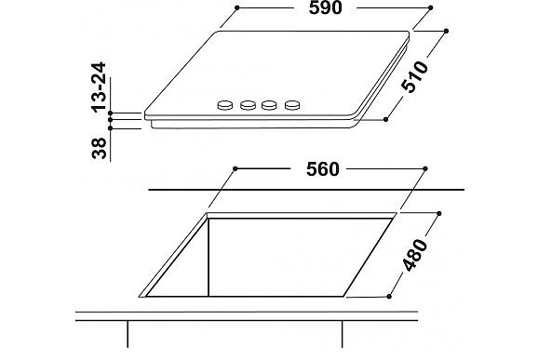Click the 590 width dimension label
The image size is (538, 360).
pos(325,7)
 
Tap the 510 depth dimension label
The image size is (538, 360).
pos(415,77)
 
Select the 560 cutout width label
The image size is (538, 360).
pos(323,169)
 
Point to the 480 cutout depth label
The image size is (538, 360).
pos(415,255)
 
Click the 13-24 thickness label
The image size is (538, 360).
pos(100,87)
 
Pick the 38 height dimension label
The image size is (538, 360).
pos(100,148)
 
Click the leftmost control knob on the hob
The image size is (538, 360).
pos(225,105)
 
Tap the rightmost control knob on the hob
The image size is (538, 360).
pos(292,105)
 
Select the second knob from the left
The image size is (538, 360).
pos(248,105)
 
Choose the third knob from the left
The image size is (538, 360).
pos(269,105)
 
